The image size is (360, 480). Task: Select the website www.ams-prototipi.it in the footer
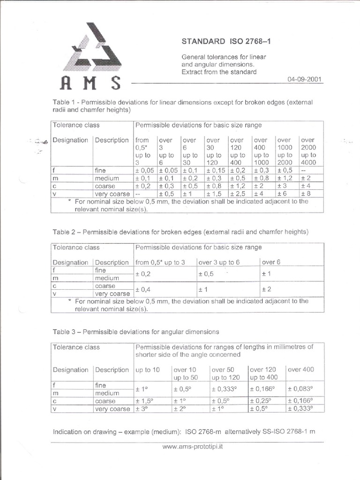tap(192, 447)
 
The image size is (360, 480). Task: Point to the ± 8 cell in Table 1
tap(309, 194)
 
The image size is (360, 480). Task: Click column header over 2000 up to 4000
tap(309, 151)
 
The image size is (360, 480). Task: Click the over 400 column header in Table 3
tap(300, 369)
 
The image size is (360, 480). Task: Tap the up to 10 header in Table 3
tap(147, 369)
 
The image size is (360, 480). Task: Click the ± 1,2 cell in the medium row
tap(285, 179)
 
